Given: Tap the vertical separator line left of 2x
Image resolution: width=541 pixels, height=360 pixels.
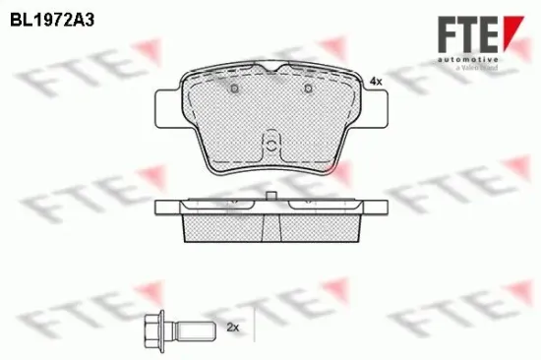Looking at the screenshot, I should point(254,324).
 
